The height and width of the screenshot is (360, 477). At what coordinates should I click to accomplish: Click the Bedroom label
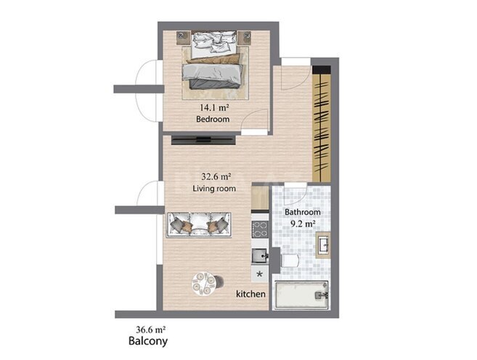coord(213,119)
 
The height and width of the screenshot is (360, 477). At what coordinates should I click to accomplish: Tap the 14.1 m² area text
coord(214,107)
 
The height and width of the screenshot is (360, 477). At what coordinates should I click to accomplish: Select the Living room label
coord(214,189)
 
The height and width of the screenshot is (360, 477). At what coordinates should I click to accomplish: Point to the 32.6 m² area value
coord(216,176)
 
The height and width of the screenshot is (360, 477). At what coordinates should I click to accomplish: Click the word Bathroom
coord(302,212)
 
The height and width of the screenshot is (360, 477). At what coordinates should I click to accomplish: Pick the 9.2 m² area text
coord(302,224)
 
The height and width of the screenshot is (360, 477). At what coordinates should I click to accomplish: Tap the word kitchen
coord(250,294)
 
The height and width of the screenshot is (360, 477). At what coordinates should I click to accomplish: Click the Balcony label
coord(148,341)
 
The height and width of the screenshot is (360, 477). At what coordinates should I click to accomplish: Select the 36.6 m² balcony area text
coord(151,329)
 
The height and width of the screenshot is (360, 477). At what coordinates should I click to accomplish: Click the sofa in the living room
coord(199,225)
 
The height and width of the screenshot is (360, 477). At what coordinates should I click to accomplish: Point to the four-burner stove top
coord(260,229)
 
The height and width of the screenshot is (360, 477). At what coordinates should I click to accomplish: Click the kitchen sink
coord(259,255)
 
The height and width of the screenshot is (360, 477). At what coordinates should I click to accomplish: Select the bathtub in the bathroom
coord(301,295)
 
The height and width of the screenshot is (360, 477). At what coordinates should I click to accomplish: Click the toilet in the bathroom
coord(290,261)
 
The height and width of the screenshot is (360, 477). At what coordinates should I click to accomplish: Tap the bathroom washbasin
coord(323,245)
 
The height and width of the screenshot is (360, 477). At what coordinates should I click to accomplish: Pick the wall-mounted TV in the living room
coord(203,140)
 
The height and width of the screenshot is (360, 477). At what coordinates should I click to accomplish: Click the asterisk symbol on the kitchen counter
coord(259,274)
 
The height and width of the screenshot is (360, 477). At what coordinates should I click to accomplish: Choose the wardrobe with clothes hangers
coord(322,124)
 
